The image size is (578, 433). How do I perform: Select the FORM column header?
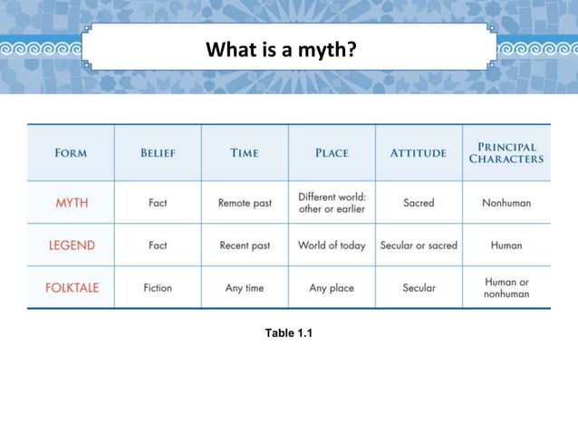(x=71, y=153)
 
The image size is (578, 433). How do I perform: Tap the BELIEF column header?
(x=158, y=153)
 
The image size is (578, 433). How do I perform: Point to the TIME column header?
(x=245, y=153)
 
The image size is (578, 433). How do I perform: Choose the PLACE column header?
(x=332, y=153)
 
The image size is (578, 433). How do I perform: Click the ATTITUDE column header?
(x=418, y=153)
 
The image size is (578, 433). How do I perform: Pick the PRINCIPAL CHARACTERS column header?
(x=506, y=153)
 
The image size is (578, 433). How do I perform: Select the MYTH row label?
(x=72, y=203)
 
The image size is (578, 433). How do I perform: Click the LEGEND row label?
(x=72, y=245)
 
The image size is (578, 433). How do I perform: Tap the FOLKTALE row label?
(x=72, y=288)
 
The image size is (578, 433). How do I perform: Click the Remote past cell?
(x=245, y=203)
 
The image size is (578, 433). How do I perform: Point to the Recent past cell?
(x=245, y=245)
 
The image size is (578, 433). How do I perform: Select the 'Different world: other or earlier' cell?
(x=332, y=203)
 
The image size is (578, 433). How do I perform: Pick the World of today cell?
(x=332, y=245)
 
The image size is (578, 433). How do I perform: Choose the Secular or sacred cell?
(x=419, y=245)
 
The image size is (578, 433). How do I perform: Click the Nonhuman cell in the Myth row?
(x=506, y=203)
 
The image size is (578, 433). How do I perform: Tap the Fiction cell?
(x=158, y=288)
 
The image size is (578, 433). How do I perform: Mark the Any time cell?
(x=245, y=288)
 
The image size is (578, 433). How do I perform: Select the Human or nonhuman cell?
(x=506, y=288)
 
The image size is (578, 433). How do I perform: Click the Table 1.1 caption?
(x=288, y=333)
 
